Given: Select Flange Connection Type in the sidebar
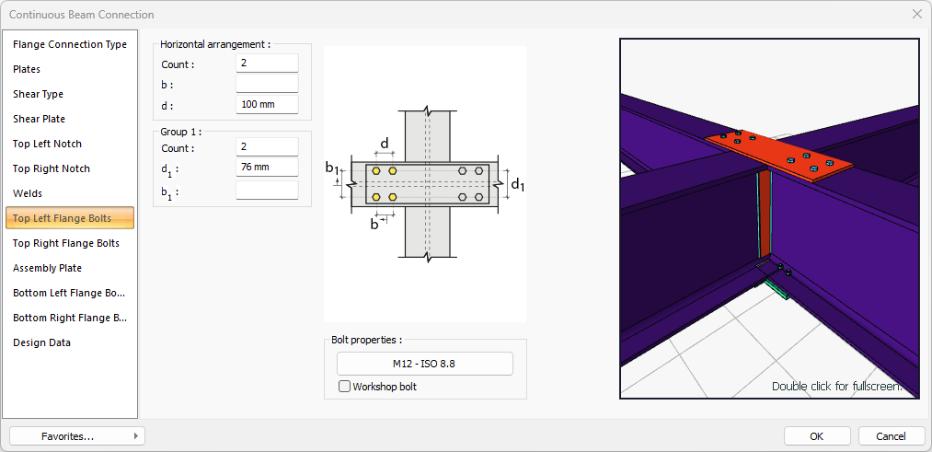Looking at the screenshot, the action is [70, 44].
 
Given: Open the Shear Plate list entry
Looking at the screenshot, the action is [40, 119].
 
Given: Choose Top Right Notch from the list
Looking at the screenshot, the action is [52, 168].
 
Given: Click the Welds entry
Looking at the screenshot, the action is [28, 193].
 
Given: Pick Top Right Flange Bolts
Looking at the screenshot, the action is [66, 243].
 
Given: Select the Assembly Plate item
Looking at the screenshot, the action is [48, 268].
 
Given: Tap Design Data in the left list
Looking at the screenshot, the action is [41, 342].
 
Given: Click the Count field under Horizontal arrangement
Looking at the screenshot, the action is [267, 64].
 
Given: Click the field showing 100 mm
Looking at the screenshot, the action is [267, 105].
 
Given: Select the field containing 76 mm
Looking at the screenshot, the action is [267, 168].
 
